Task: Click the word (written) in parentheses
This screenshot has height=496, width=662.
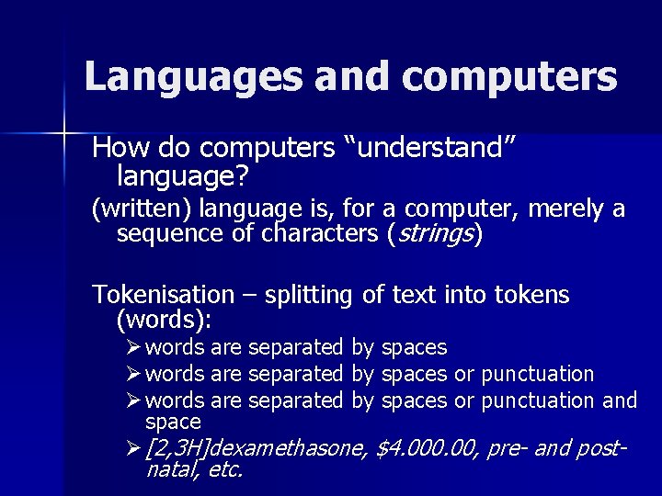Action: [141, 209]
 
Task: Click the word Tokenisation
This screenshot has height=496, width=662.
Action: [164, 295]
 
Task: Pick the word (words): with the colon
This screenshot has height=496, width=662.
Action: [164, 320]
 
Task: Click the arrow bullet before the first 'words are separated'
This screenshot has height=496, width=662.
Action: [133, 347]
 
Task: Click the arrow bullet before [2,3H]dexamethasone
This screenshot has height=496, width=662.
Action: [133, 448]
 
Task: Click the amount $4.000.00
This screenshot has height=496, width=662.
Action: [428, 448]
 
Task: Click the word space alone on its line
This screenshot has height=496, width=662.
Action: [173, 422]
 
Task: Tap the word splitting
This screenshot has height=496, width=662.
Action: [309, 295]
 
